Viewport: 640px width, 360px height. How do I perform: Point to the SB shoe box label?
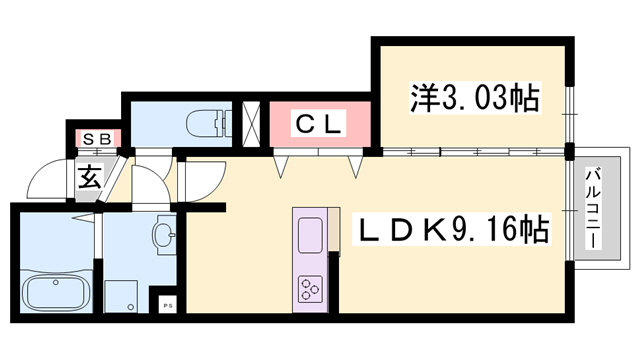coord(96,137)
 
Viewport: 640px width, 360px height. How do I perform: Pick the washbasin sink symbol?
coord(164,237)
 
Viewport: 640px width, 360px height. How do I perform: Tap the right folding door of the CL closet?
coord(352,162)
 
